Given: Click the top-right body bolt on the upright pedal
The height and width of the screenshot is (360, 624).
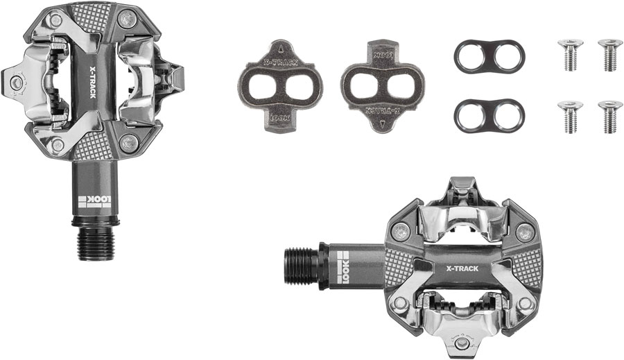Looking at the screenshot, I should (x=125, y=21).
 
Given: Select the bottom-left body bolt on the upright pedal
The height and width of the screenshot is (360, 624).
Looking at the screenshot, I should (x=57, y=145).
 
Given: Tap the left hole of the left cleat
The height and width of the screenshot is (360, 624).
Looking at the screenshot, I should (x=266, y=89).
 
